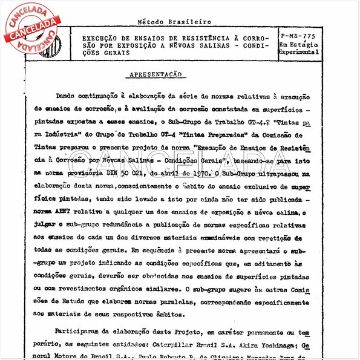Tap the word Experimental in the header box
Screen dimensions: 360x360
click(x=298, y=53)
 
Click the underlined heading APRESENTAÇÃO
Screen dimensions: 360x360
click(x=155, y=74)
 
